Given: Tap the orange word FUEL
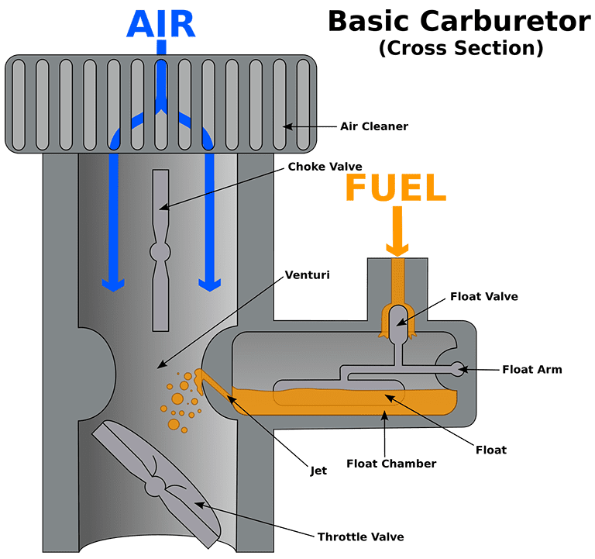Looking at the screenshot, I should [x=396, y=188].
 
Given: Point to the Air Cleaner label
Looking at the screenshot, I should [x=374, y=126].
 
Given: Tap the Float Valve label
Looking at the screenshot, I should [x=484, y=295].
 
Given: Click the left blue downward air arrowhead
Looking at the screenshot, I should [x=113, y=284].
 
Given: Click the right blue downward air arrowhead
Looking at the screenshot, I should [x=207, y=284].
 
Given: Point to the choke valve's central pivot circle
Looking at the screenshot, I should [x=160, y=252].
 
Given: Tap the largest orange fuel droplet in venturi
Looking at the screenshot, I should [x=176, y=399].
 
